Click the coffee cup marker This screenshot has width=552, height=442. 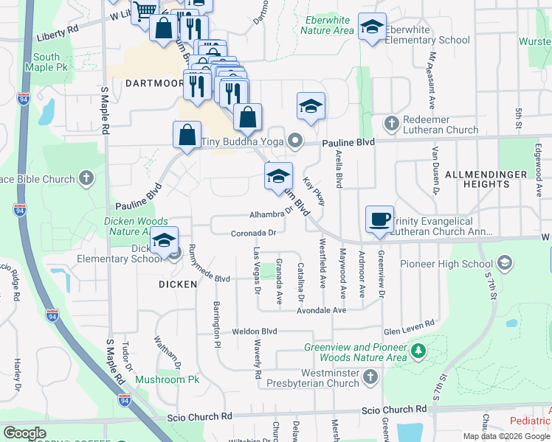pos(380,219)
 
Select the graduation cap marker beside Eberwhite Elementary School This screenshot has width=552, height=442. pos(372,27)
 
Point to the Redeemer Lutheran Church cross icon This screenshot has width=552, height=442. pos(391,122)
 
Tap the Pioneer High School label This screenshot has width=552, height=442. pos(446,264)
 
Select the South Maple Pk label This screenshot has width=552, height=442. pos(46,63)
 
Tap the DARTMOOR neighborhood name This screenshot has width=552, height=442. pos(153,83)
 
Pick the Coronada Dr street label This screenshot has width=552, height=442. pos(253,233)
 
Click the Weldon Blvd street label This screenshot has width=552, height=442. pos(254,331)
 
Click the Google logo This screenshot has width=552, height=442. pos(25,433)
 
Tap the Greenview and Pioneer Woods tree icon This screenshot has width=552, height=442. pos(419,350)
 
